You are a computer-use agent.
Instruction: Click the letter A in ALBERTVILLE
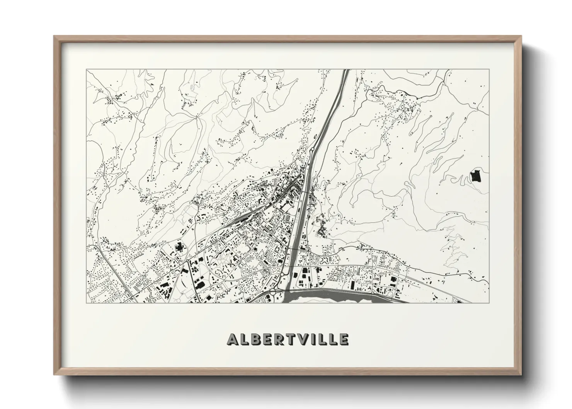pyautogui.click(x=233, y=339)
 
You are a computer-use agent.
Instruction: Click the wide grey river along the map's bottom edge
pyautogui.click(x=329, y=297)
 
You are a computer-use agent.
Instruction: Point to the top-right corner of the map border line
pyautogui.click(x=489, y=70)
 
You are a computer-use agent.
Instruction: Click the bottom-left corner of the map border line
pyautogui.click(x=86, y=303)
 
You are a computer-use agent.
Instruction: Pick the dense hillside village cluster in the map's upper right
pyautogui.click(x=402, y=101)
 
